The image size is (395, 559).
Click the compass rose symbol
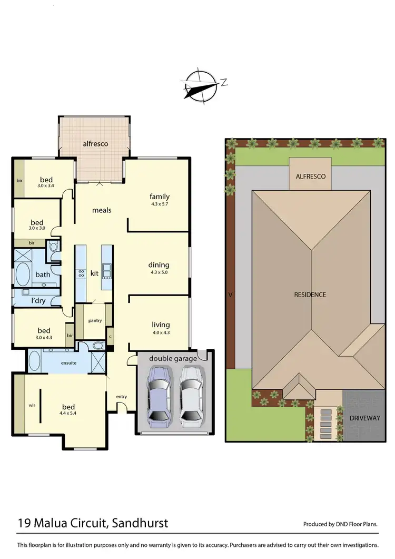click(x=201, y=85)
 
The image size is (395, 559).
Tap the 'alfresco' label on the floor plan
click(x=95, y=143)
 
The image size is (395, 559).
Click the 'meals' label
click(x=102, y=210)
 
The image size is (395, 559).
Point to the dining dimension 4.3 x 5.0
click(x=159, y=272)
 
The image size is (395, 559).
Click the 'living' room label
click(x=161, y=325)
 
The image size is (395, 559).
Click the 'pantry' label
click(x=95, y=320)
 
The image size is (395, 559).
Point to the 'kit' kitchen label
click(x=95, y=273)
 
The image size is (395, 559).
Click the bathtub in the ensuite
click(x=35, y=362)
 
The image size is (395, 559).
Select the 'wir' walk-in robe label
click(x=31, y=406)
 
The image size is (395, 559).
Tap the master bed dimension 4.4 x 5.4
click(x=68, y=413)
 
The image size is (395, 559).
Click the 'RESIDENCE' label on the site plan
click(x=310, y=295)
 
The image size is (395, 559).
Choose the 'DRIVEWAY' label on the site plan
click(x=364, y=418)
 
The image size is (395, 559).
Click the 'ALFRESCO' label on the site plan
click(x=310, y=178)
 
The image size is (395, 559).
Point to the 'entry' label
click(x=121, y=397)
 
